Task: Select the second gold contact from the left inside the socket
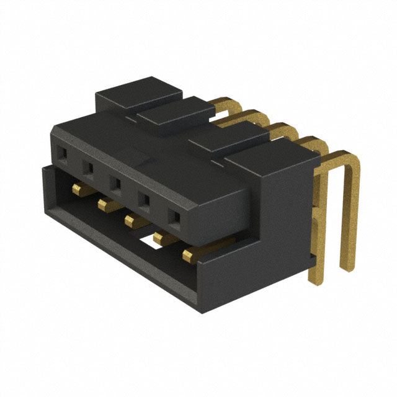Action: pyautogui.click(x=104, y=203)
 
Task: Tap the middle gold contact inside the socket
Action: pyautogui.click(x=132, y=220)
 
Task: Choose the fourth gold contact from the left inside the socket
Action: pyautogui.click(x=163, y=237)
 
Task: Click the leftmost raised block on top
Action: pyautogui.click(x=138, y=93)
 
